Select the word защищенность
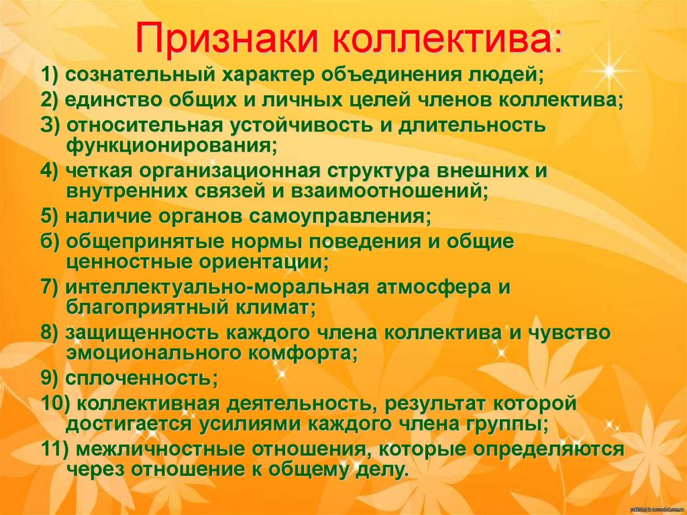tap(145, 334)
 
